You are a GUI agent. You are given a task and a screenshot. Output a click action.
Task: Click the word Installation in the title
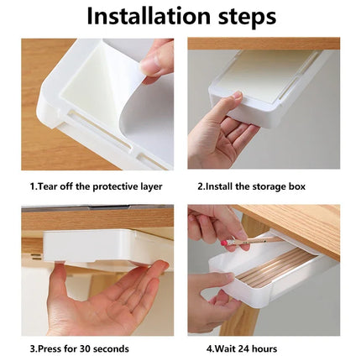[x=150, y=17]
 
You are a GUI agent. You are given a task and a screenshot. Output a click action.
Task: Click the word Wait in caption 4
[x=223, y=347]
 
